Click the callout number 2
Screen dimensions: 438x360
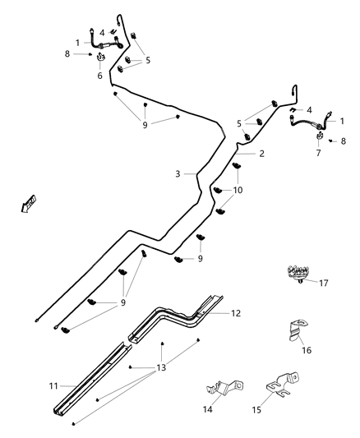[x=261, y=154]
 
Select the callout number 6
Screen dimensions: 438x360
[x=100, y=76]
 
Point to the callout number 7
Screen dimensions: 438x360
[x=318, y=153]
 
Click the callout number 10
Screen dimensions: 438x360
[x=238, y=190]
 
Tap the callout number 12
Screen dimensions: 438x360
[x=237, y=313]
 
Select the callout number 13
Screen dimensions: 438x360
[x=161, y=367]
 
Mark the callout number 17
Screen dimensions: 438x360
[x=323, y=284]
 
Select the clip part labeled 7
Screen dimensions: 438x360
[x=318, y=136]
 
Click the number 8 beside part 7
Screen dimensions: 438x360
[x=343, y=141]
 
